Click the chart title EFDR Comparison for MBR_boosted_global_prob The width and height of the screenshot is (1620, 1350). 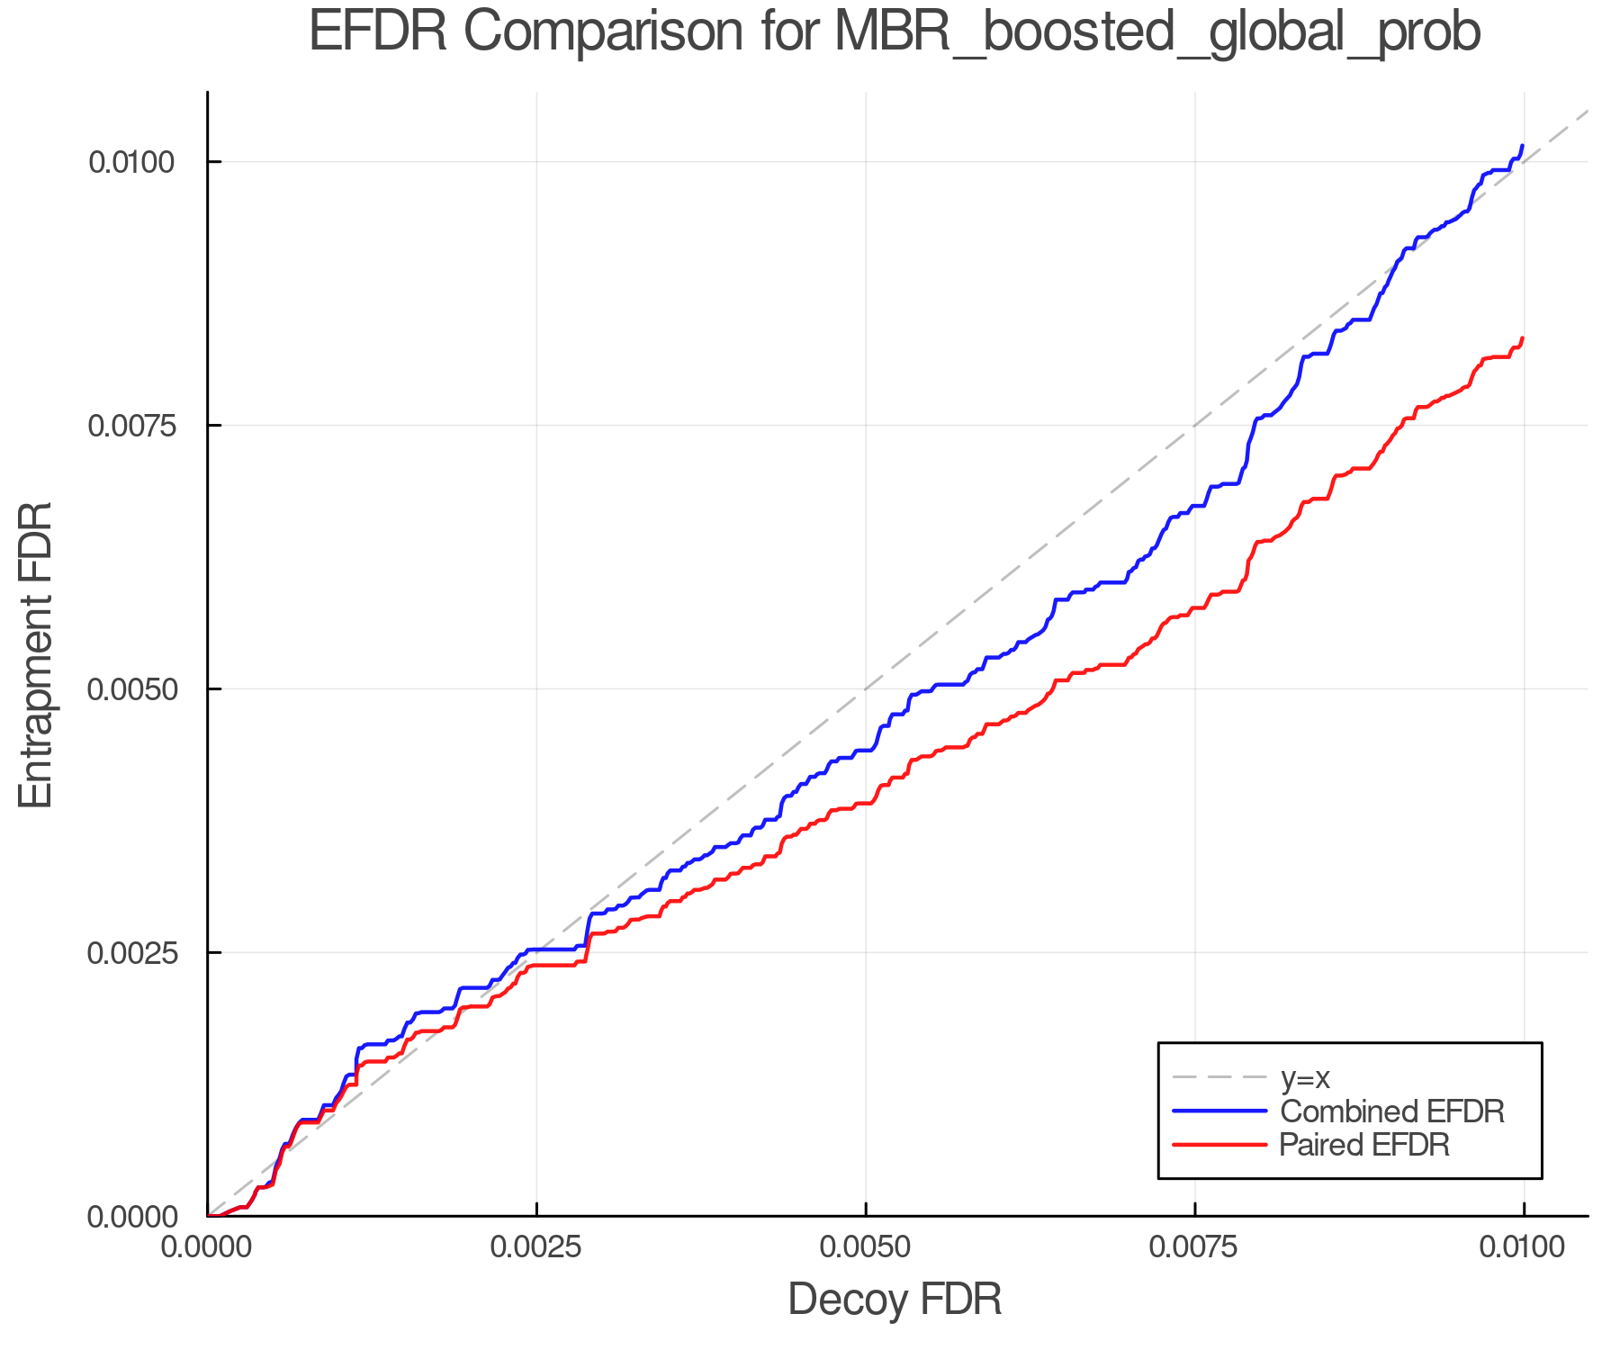[895, 32]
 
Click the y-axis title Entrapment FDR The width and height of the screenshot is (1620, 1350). [37, 654]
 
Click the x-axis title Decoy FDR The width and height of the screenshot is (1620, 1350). [895, 1300]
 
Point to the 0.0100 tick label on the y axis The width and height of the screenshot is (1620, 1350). [130, 163]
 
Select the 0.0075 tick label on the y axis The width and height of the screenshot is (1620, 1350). [130, 426]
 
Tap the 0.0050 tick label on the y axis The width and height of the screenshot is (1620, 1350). [130, 689]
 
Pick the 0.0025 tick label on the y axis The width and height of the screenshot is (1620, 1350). [130, 953]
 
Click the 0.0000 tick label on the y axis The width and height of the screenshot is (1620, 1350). [130, 1217]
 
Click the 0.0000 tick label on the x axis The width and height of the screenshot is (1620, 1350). [208, 1247]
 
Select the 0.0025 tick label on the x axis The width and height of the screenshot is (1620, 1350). [536, 1247]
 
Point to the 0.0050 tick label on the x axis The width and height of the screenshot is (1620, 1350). [866, 1247]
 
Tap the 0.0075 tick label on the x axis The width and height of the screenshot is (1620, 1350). [1194, 1247]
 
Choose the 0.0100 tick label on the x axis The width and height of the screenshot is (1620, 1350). [1523, 1247]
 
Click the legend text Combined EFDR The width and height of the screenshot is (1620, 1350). [1391, 1111]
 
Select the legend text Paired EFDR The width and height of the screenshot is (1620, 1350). [1364, 1145]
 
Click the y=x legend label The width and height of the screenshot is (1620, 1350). [1305, 1078]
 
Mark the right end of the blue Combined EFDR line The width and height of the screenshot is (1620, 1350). [1522, 146]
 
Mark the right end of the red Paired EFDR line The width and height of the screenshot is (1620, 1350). [1522, 338]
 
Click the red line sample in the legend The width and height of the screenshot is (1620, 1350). [1219, 1145]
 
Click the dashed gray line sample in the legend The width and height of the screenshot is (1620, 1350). [1219, 1077]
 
